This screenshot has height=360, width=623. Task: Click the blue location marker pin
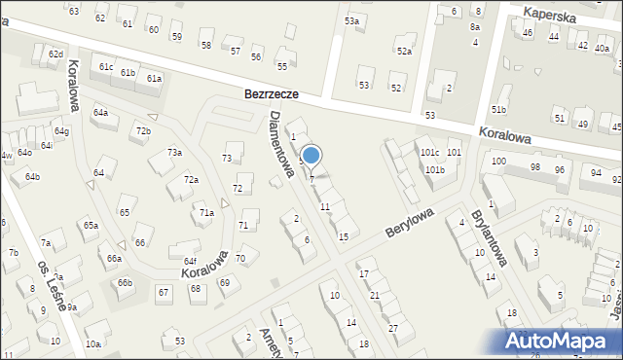coord(311,156)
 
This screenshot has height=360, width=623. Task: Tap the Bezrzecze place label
coord(271,96)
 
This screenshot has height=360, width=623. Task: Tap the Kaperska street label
coord(549,17)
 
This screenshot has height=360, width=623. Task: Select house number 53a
coord(351,20)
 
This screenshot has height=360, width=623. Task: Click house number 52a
coord(403,51)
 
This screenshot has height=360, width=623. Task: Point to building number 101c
coord(429,154)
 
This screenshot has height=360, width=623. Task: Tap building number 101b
coord(434,170)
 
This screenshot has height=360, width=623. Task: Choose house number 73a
coord(174,153)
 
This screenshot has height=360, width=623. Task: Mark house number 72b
coord(143,131)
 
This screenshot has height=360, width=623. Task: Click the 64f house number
coord(190,261)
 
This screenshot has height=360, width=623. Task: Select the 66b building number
coord(125,283)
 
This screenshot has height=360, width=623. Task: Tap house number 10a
coord(92,344)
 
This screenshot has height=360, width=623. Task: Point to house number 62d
coord(55,54)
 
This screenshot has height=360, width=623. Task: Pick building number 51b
coord(498,110)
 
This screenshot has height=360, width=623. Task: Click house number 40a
coord(602,48)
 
